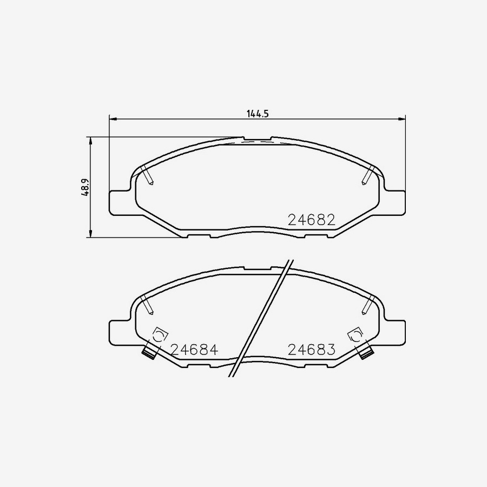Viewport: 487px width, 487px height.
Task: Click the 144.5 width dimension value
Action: [x=258, y=114]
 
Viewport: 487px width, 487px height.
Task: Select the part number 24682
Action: [x=312, y=220]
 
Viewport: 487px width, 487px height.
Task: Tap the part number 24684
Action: [x=194, y=350]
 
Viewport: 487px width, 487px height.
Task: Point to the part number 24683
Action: [x=312, y=350]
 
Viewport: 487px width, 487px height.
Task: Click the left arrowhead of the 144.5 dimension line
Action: [x=113, y=118]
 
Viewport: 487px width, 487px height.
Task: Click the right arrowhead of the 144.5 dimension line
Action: [x=402, y=118]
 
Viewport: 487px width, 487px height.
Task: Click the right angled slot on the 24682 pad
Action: [x=367, y=175]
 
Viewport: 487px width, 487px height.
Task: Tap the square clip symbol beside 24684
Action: [x=159, y=335]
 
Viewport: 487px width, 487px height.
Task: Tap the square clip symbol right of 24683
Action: [x=356, y=335]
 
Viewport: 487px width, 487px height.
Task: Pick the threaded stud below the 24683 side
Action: [x=366, y=353]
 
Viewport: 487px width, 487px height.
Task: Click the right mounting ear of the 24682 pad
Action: [x=395, y=202]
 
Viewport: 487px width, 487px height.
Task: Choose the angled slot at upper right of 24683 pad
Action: [x=367, y=305]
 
